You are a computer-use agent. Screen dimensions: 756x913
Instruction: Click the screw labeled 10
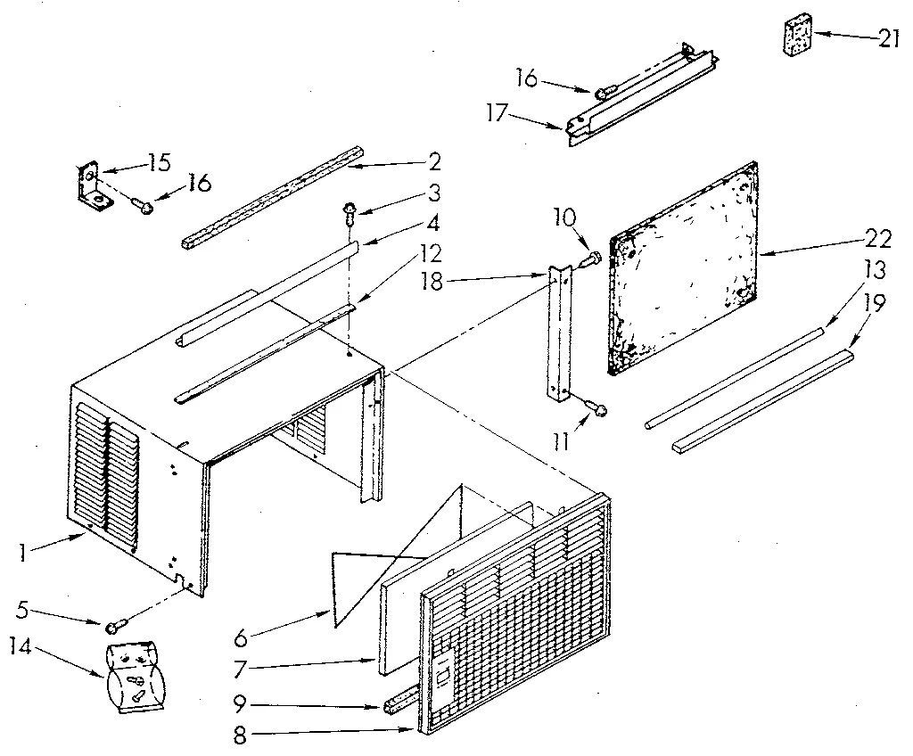pyautogui.click(x=590, y=259)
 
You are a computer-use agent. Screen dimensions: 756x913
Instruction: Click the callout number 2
pyautogui.click(x=434, y=162)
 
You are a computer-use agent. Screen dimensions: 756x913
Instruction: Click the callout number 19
pyautogui.click(x=876, y=304)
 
